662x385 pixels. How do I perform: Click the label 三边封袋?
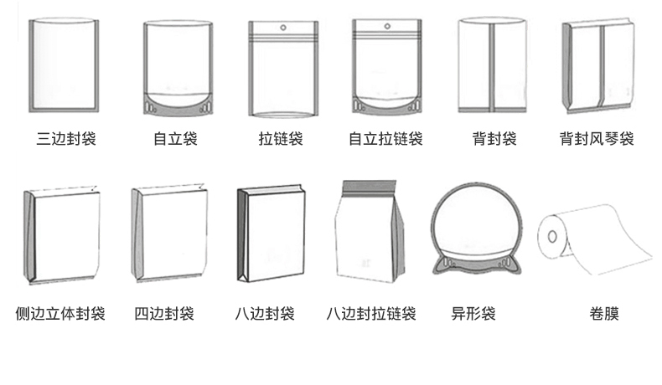click(x=67, y=139)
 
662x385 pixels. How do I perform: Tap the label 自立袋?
click(x=175, y=139)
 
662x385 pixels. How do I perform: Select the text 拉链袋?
click(x=281, y=139)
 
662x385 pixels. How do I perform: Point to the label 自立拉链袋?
click(x=385, y=139)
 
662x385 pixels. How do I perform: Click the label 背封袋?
click(x=494, y=139)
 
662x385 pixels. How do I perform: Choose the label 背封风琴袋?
click(x=597, y=139)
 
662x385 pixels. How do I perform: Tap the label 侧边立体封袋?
click(x=60, y=315)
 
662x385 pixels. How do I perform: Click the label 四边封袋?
click(x=164, y=315)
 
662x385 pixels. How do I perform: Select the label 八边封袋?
click(x=264, y=315)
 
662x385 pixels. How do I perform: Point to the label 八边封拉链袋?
click(x=371, y=315)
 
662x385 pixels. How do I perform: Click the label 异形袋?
click(x=473, y=315)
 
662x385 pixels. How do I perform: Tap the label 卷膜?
click(x=604, y=315)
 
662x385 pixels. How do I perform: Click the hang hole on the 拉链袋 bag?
click(x=282, y=28)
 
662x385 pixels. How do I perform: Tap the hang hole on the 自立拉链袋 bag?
click(x=386, y=28)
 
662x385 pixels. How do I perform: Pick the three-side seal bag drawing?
click(x=65, y=64)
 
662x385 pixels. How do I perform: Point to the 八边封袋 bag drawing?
click(x=271, y=235)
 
